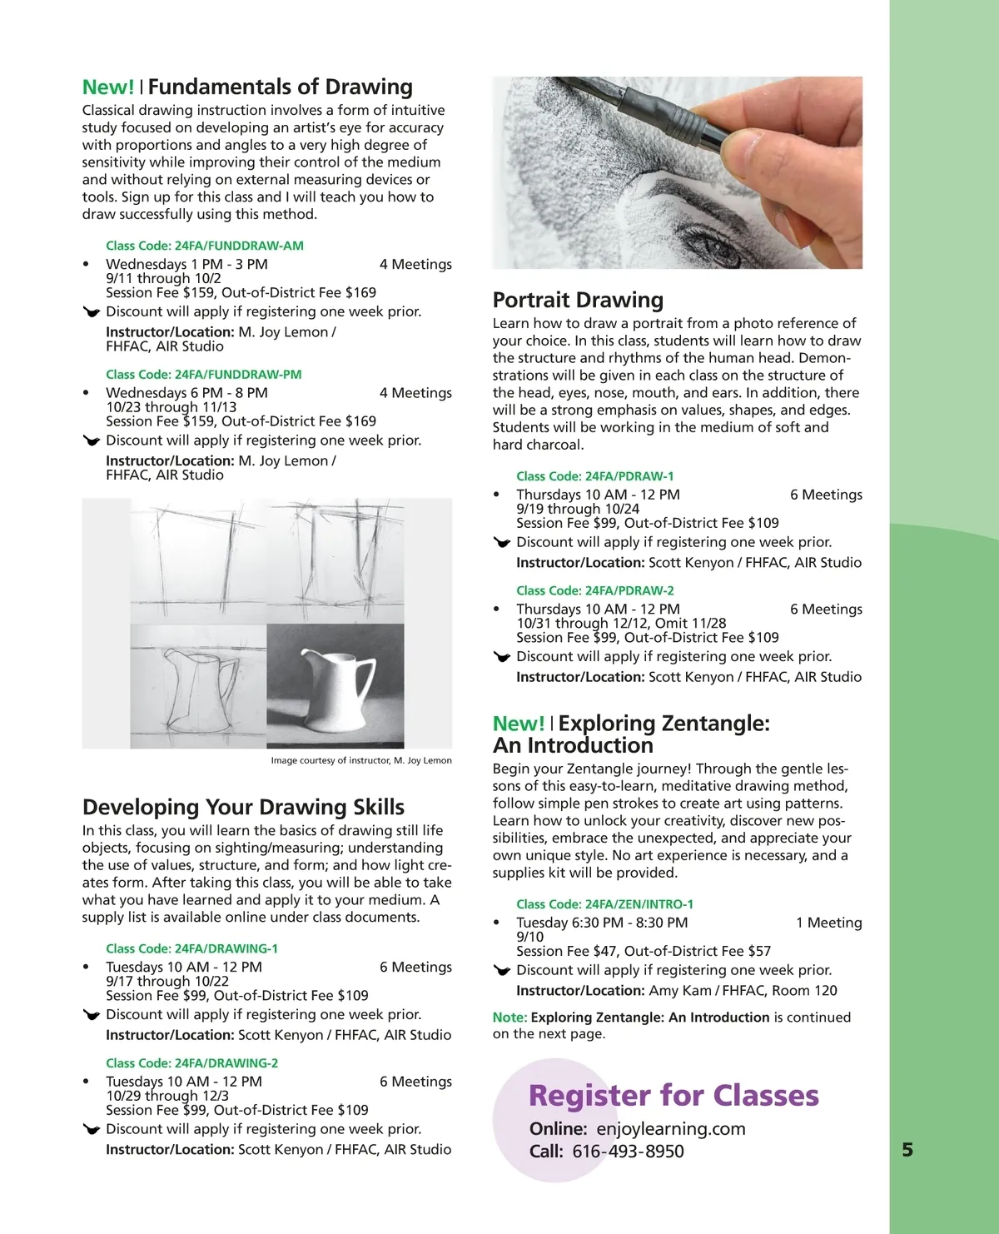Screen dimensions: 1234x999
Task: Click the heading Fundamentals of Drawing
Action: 280,87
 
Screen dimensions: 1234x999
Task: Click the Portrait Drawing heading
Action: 578,300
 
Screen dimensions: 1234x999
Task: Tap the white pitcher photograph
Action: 335,685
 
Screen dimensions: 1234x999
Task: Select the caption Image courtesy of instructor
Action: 361,760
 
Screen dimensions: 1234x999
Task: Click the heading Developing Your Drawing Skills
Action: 243,807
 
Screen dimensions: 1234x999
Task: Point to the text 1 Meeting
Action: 828,923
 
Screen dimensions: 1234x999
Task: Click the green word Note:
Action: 509,1018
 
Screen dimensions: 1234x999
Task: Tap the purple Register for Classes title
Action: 673,1096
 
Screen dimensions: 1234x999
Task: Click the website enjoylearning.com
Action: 671,1129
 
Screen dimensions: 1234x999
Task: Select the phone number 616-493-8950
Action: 629,1152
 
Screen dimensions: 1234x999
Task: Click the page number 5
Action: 907,1150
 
